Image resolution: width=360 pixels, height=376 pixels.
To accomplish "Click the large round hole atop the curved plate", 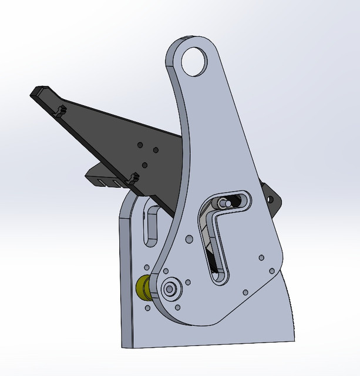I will pyautogui.click(x=195, y=61).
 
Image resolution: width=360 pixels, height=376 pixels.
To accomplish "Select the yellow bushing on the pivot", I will pyautogui.click(x=142, y=288).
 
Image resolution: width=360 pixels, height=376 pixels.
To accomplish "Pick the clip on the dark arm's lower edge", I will pyautogui.click(x=133, y=177).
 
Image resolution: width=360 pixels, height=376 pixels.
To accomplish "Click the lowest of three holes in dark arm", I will pyautogui.click(x=144, y=165).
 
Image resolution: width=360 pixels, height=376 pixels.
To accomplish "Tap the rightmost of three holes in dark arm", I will pyautogui.click(x=156, y=149).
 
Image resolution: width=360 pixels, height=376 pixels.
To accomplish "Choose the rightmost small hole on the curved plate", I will pyautogui.click(x=271, y=270).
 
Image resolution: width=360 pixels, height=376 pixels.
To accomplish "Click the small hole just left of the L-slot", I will pyautogui.click(x=189, y=239).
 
